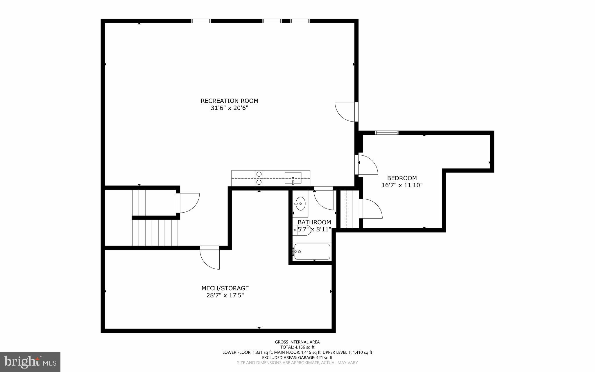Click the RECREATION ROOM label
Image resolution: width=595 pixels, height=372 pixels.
[230, 101]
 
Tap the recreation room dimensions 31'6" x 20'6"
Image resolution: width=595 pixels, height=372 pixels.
[230, 108]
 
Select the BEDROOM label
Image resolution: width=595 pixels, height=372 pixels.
[402, 178]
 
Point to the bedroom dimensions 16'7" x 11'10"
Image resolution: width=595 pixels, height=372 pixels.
[402, 185]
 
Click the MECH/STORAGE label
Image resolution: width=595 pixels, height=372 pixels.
[225, 288]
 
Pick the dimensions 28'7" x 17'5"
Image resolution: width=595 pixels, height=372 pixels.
[225, 296]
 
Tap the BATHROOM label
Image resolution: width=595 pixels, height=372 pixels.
[314, 223]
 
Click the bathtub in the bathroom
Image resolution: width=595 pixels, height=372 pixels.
[312, 252]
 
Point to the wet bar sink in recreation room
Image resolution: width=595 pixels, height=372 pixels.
[293, 177]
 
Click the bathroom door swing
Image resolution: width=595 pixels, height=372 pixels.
[324, 199]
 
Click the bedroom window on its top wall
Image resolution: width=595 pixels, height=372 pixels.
[387, 133]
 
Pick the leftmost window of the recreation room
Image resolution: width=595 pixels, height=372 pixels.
[201, 21]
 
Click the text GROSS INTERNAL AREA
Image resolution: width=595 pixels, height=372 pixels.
[297, 342]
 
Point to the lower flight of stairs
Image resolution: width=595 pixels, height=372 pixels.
[155, 233]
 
